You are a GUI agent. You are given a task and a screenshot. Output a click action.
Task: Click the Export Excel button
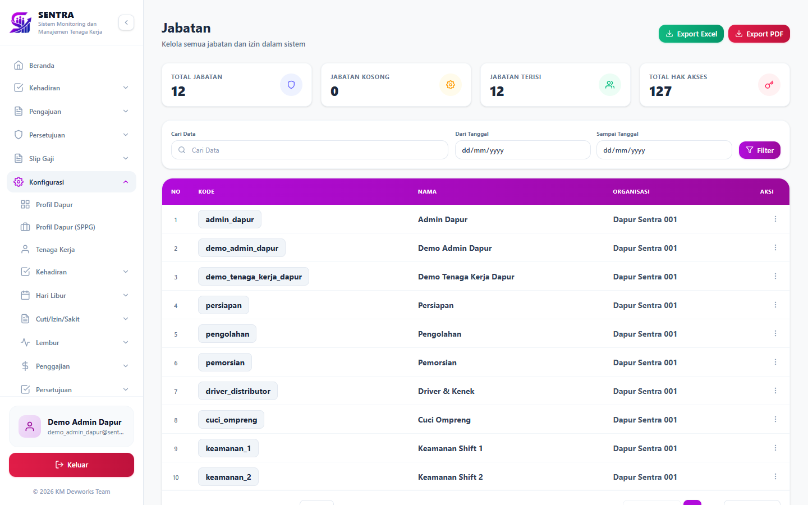[x=691, y=34]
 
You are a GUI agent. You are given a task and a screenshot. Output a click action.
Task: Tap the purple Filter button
[x=759, y=150]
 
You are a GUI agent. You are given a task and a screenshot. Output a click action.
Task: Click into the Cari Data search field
[x=310, y=150]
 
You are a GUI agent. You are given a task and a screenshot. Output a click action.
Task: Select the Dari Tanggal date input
[x=523, y=150]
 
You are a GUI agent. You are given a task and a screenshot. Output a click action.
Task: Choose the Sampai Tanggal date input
[x=664, y=150]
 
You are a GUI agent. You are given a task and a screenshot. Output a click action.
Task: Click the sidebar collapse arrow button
[x=126, y=22]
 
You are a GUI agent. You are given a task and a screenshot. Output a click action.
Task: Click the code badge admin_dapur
[x=230, y=219]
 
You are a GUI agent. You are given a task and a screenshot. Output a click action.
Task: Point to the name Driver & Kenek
[x=446, y=392]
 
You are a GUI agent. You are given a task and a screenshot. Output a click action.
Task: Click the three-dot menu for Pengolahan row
[x=775, y=334]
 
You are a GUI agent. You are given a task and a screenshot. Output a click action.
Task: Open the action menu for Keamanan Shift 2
[x=775, y=477]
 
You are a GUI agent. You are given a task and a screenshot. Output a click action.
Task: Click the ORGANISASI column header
[x=631, y=191]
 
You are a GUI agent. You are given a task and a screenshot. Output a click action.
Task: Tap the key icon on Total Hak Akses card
[x=769, y=85]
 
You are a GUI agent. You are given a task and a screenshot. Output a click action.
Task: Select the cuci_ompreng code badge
[x=231, y=420]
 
